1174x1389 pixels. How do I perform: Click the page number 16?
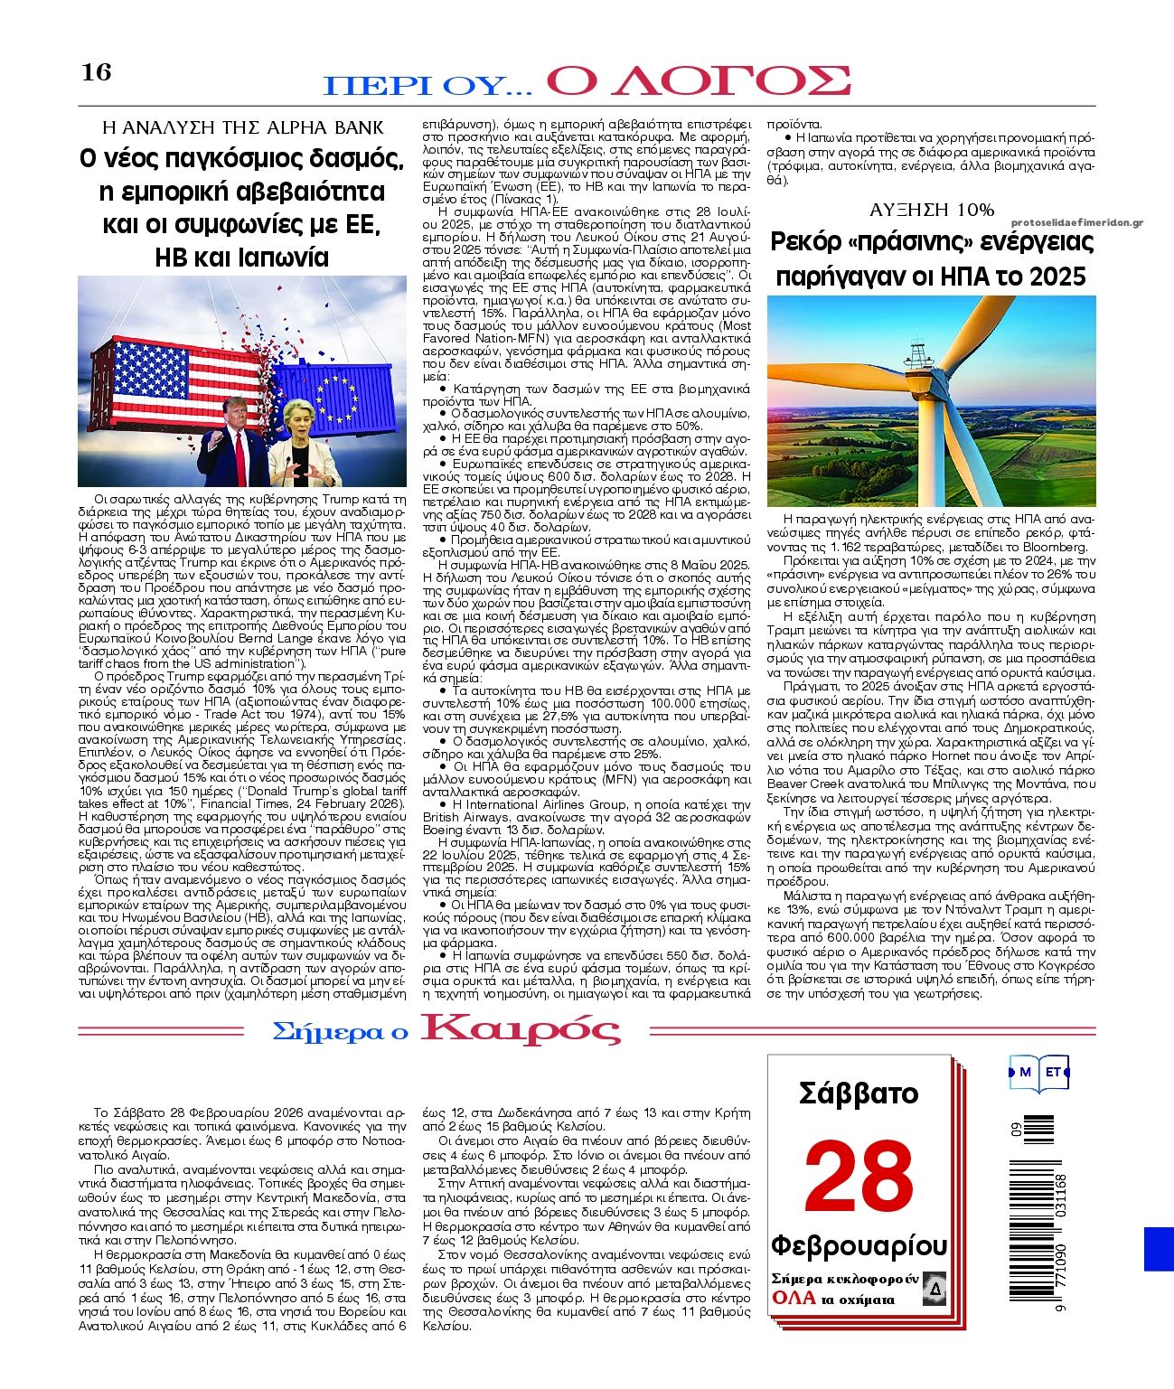97,71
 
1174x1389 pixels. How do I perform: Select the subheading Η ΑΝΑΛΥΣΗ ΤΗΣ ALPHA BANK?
242,127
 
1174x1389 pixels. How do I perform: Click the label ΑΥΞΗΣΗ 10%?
931,210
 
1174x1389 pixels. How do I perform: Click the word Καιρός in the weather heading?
522,1029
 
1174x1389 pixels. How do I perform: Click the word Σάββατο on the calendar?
859,1093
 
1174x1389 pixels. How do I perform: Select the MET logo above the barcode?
1039,1072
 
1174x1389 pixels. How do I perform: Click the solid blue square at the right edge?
1159,1248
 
